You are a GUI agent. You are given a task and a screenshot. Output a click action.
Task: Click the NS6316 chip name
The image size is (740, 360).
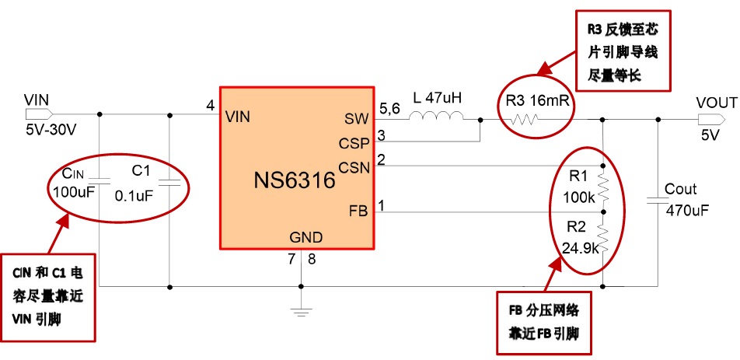click(x=294, y=181)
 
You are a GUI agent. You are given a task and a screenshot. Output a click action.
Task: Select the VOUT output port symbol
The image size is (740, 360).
click(x=707, y=119)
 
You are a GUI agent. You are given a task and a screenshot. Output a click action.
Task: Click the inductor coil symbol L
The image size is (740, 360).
click(x=437, y=118)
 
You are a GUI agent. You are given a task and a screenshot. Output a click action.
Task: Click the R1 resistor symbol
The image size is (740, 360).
click(x=603, y=187)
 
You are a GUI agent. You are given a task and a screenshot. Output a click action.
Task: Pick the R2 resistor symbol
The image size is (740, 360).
click(x=603, y=234)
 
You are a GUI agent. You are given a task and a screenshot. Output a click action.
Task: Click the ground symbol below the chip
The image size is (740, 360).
click(x=301, y=312)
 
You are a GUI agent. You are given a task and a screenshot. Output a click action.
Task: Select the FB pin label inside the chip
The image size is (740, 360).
click(x=358, y=211)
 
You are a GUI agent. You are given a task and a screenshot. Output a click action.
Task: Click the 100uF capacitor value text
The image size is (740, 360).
click(x=74, y=191)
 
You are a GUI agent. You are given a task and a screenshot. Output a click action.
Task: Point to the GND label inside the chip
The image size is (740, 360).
click(x=305, y=237)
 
